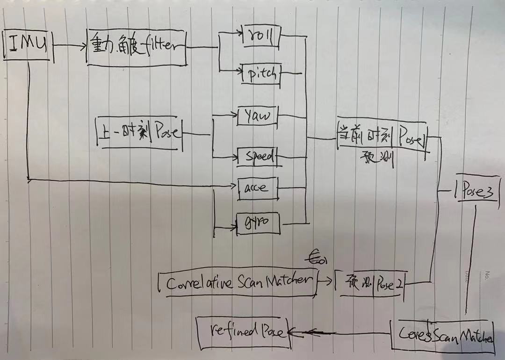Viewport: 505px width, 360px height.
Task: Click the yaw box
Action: pyautogui.click(x=257, y=116)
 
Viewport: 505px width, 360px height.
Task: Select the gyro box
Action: pyautogui.click(x=258, y=224)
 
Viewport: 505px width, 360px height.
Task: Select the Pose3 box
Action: pyautogui.click(x=478, y=192)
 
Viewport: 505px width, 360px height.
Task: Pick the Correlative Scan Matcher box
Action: pyautogui.click(x=238, y=282)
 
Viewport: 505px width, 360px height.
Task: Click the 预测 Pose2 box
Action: pyautogui.click(x=370, y=285)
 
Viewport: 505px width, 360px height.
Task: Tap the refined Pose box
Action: pyautogui.click(x=243, y=332)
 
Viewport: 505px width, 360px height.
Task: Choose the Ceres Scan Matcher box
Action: pyautogui.click(x=441, y=334)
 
